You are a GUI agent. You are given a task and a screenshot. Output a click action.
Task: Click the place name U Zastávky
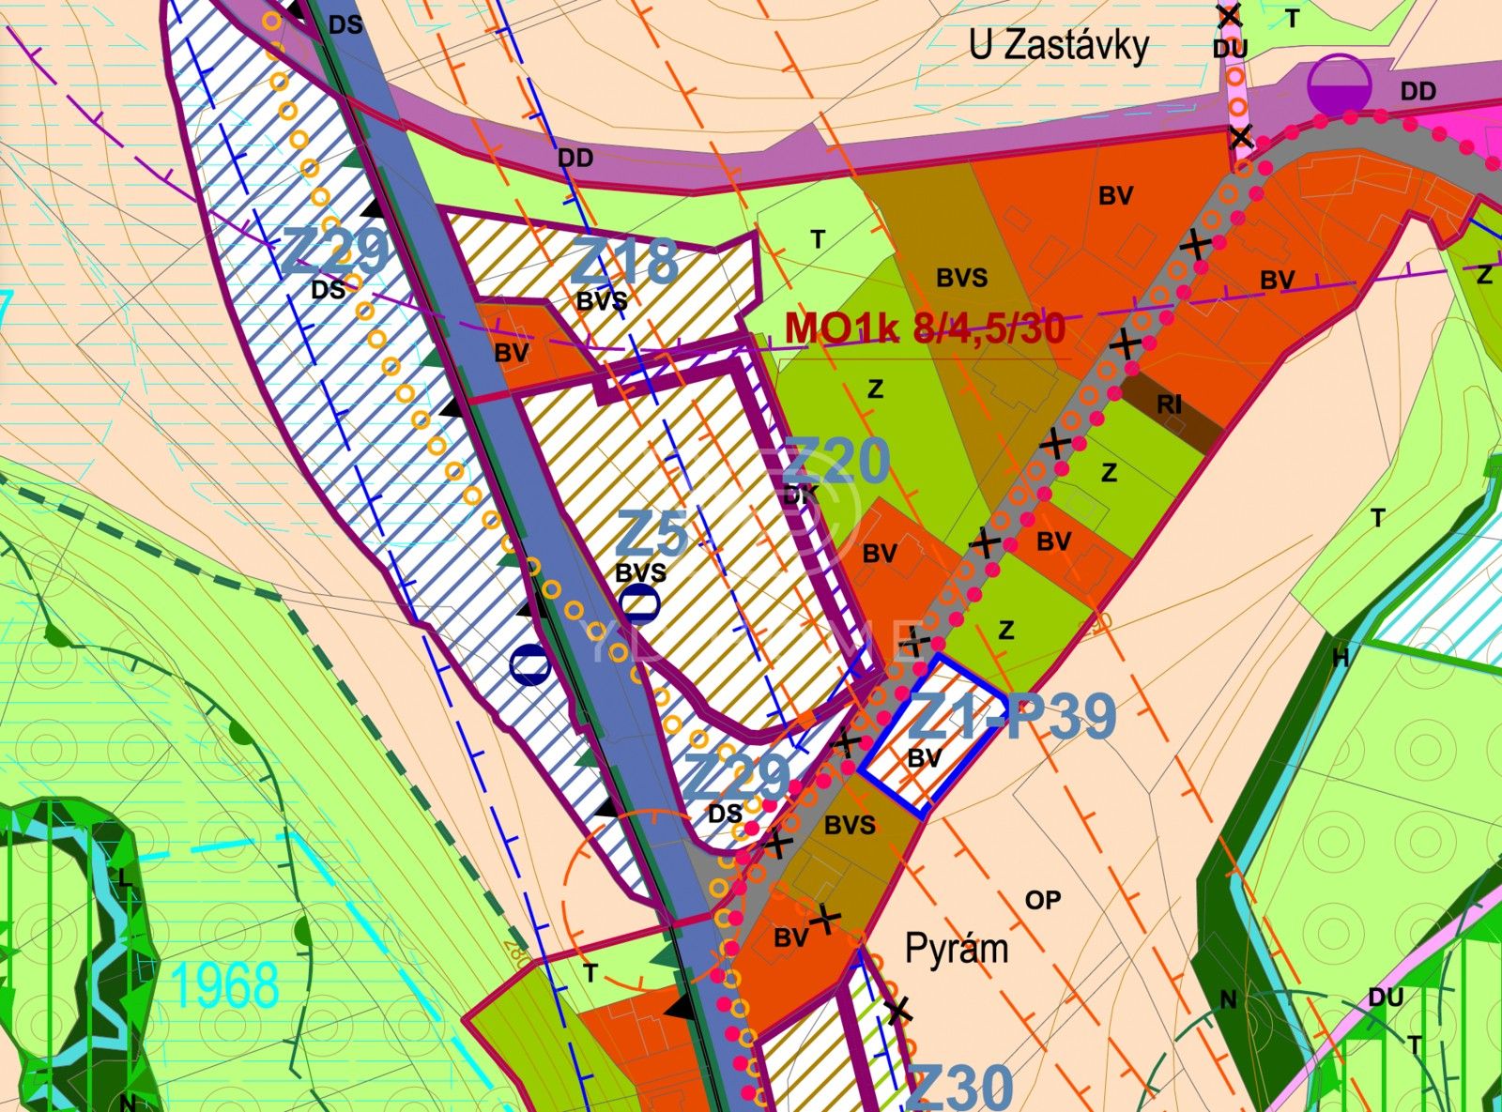1058,46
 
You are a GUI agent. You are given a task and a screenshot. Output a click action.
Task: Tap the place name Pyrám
956,949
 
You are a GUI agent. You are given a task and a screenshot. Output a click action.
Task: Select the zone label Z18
624,262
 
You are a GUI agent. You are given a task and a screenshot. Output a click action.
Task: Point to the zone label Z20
835,461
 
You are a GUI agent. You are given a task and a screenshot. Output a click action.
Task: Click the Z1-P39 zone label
1014,716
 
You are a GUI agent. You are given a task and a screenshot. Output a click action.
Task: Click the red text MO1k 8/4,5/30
925,328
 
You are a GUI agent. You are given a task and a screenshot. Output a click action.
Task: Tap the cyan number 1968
226,985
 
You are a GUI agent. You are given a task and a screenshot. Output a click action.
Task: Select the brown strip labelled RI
1169,404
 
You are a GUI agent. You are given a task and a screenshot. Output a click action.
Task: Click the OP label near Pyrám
1042,900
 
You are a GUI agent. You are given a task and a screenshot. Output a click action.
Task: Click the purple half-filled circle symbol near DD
1340,85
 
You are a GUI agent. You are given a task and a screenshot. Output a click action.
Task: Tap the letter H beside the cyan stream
1341,658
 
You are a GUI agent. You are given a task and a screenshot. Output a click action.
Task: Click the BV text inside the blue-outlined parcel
924,759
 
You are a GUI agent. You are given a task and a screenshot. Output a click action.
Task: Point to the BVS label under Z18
602,301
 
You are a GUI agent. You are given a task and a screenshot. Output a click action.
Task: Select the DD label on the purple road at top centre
575,159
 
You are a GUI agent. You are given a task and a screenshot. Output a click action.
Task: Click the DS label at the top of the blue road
345,25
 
